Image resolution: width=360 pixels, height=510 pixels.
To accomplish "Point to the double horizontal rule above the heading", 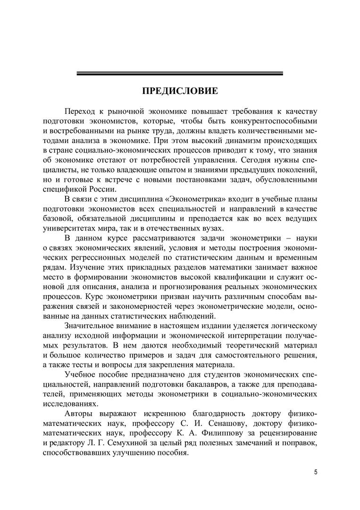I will pyautogui.click(x=180, y=73).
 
